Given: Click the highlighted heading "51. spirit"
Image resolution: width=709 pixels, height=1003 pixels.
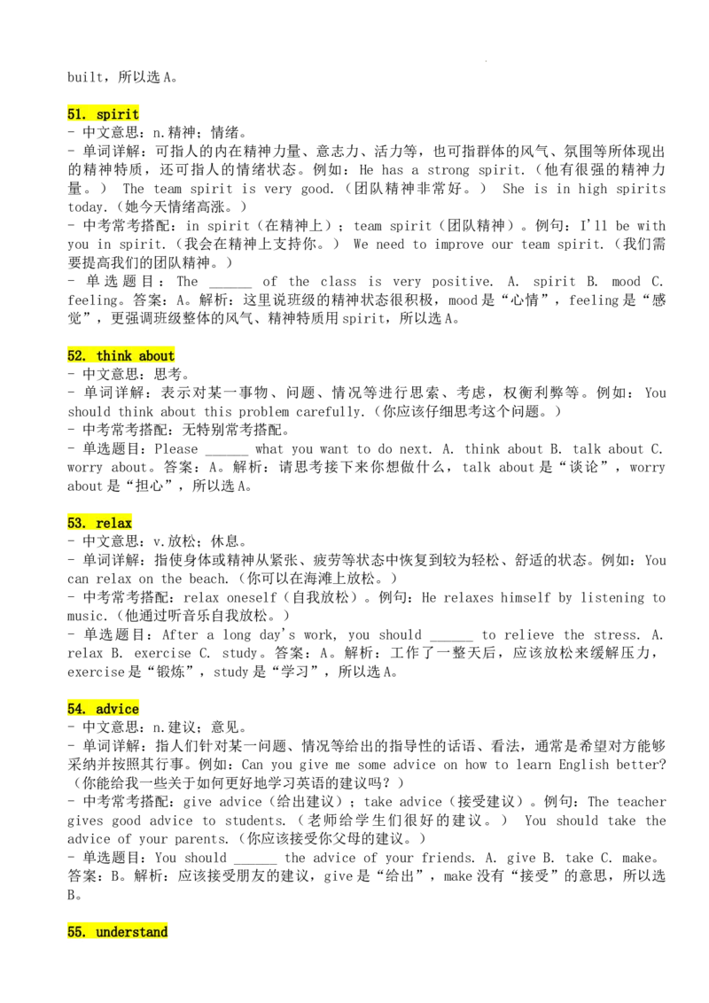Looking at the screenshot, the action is [103, 114].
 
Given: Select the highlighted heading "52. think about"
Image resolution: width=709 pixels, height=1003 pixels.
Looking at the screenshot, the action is [121, 355].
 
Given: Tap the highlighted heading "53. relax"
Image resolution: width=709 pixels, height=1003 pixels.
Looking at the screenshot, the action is [99, 523].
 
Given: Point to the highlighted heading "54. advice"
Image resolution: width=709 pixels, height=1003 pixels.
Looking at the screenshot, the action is [103, 709].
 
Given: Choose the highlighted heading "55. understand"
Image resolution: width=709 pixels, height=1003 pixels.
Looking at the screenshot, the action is [117, 931].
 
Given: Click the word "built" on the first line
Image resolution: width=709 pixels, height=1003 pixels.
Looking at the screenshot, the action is [85, 77].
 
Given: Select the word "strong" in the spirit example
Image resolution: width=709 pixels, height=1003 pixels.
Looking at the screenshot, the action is [448, 170].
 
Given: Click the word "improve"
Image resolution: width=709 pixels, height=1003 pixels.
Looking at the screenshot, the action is [459, 245].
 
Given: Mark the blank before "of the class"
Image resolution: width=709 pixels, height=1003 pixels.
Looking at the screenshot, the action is [230, 285].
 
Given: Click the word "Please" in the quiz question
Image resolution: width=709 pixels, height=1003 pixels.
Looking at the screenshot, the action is [176, 449].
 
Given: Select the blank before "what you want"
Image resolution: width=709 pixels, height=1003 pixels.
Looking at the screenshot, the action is [227, 453].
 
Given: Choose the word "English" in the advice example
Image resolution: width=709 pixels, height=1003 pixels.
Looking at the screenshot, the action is [583, 765].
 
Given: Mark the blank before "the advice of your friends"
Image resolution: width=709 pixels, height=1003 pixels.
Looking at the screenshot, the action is [255, 861].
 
